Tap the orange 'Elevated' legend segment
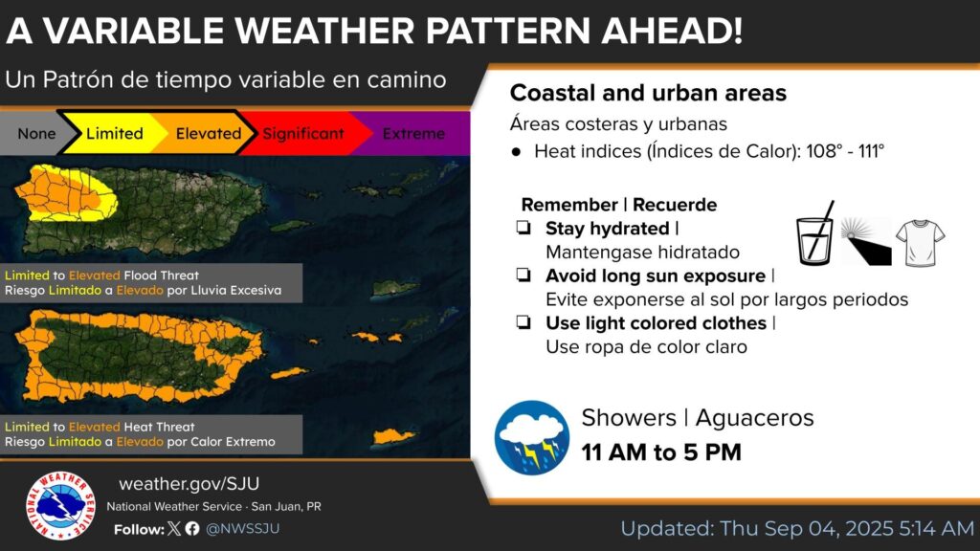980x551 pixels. point(207,133)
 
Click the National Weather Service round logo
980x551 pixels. point(60,505)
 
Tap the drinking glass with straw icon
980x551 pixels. point(815,233)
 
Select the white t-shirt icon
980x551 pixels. point(920,243)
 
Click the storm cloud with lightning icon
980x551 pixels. point(532,437)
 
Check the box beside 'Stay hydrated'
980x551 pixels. point(523,228)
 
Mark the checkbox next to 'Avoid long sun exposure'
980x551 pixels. point(523,275)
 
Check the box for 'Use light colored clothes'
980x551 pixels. point(523,322)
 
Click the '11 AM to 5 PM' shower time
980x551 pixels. point(661,452)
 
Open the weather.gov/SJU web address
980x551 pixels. point(189,483)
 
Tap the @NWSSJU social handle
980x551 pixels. point(242,528)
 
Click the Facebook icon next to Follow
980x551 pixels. point(192,528)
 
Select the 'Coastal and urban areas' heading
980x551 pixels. point(648,93)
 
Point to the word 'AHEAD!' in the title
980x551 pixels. point(672,31)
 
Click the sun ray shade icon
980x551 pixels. point(865,240)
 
